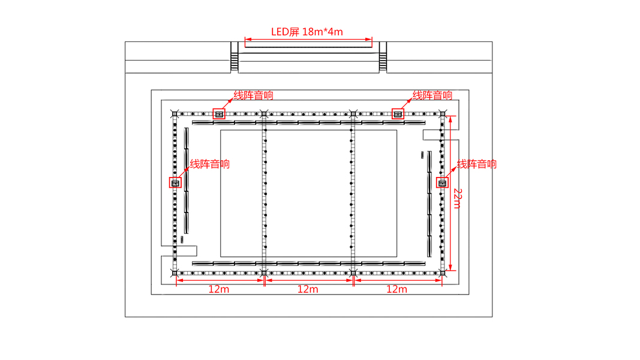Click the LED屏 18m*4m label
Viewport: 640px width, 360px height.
[307, 31]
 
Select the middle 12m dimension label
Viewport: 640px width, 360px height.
[308, 289]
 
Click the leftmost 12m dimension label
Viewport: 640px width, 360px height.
[219, 289]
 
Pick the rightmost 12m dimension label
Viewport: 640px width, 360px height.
[396, 289]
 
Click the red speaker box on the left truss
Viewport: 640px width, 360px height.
[176, 182]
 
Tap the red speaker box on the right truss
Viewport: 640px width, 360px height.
[443, 182]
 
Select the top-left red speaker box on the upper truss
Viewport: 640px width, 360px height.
[219, 113]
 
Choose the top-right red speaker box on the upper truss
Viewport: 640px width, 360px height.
[397, 113]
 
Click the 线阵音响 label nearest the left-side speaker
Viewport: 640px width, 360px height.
[209, 164]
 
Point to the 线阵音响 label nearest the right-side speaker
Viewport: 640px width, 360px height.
[477, 164]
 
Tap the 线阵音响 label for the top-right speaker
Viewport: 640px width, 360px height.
[432, 95]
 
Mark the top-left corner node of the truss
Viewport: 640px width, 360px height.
[175, 113]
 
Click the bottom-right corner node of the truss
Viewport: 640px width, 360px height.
[443, 273]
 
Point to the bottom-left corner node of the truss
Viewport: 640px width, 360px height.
[175, 273]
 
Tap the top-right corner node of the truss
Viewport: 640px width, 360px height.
[443, 113]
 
